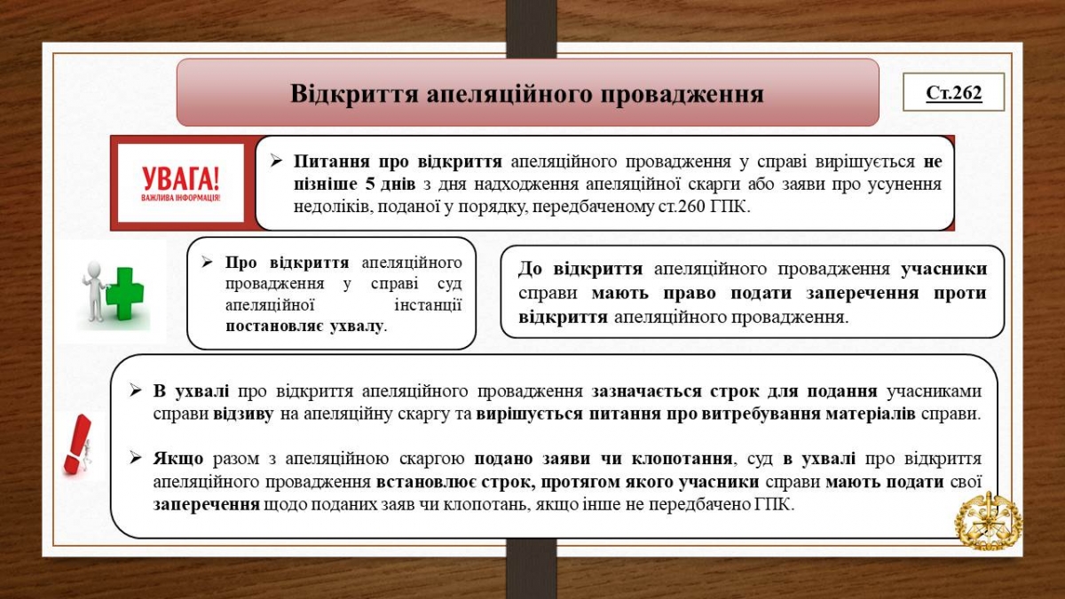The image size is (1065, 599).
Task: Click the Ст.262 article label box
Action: (x=953, y=91)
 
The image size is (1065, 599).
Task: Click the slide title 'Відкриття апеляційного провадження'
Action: (x=527, y=93)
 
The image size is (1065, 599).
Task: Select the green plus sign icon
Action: (x=128, y=292)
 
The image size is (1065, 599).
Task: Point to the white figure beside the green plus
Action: (x=93, y=291)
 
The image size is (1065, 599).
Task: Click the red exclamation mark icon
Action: (x=77, y=444)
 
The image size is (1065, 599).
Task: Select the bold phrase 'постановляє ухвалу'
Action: (x=304, y=326)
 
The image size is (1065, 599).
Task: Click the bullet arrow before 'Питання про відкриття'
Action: (x=276, y=162)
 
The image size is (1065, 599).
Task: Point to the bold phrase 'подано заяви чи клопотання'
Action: (x=603, y=459)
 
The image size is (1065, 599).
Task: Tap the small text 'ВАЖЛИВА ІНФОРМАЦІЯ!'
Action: (x=181, y=197)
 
